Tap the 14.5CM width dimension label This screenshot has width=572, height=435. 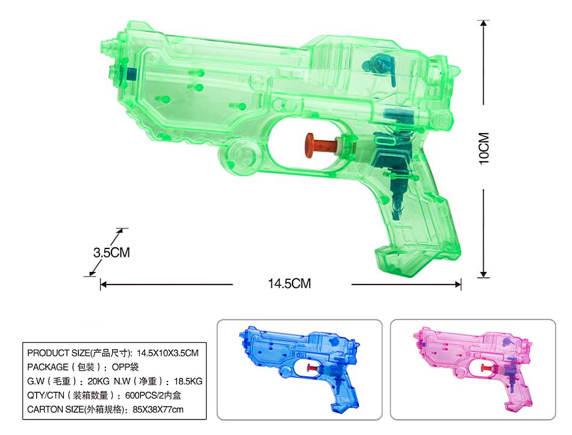point(290,283)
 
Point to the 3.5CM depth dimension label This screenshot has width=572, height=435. point(111,252)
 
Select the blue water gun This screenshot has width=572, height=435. point(299,369)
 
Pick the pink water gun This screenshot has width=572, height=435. point(473,369)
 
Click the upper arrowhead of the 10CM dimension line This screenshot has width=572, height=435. point(483,23)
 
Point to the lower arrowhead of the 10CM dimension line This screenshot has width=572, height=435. point(483,274)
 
